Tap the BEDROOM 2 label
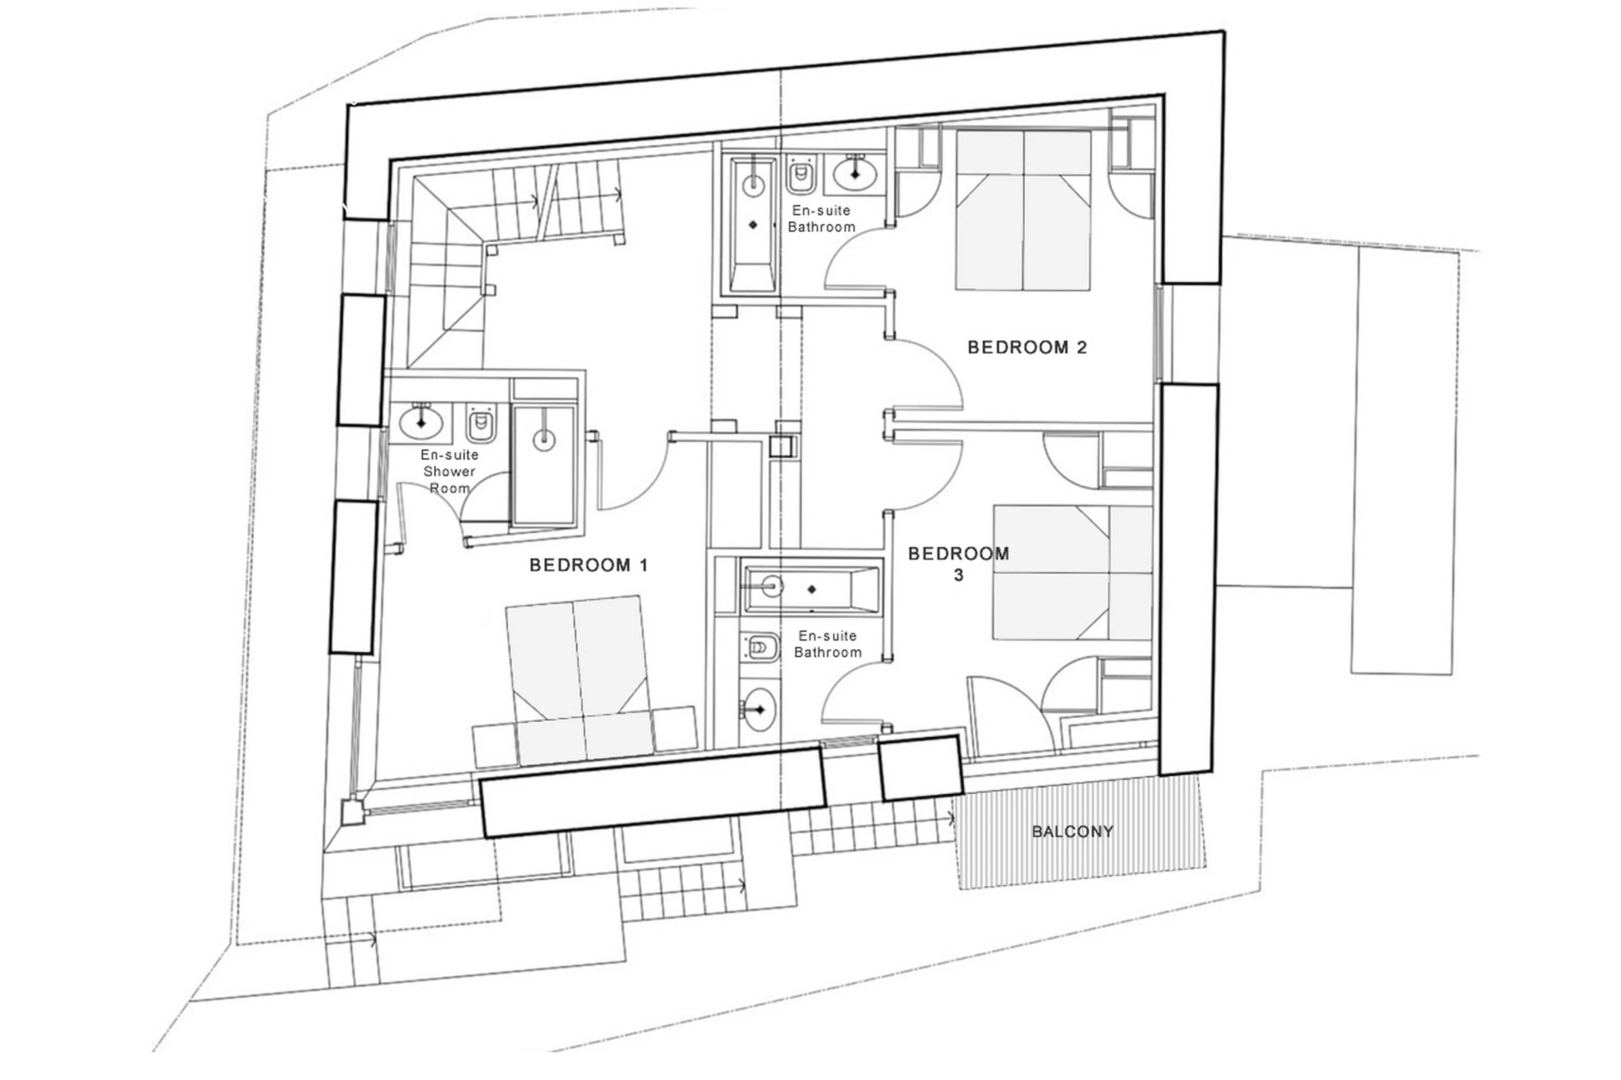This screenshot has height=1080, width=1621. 1027,347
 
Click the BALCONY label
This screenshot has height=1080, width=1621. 1072,831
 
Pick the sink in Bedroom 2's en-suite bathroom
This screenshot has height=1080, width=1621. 855,173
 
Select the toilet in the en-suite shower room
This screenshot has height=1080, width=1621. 481,424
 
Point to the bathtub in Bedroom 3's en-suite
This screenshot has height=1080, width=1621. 811,589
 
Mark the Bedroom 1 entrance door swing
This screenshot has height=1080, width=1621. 634,475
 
